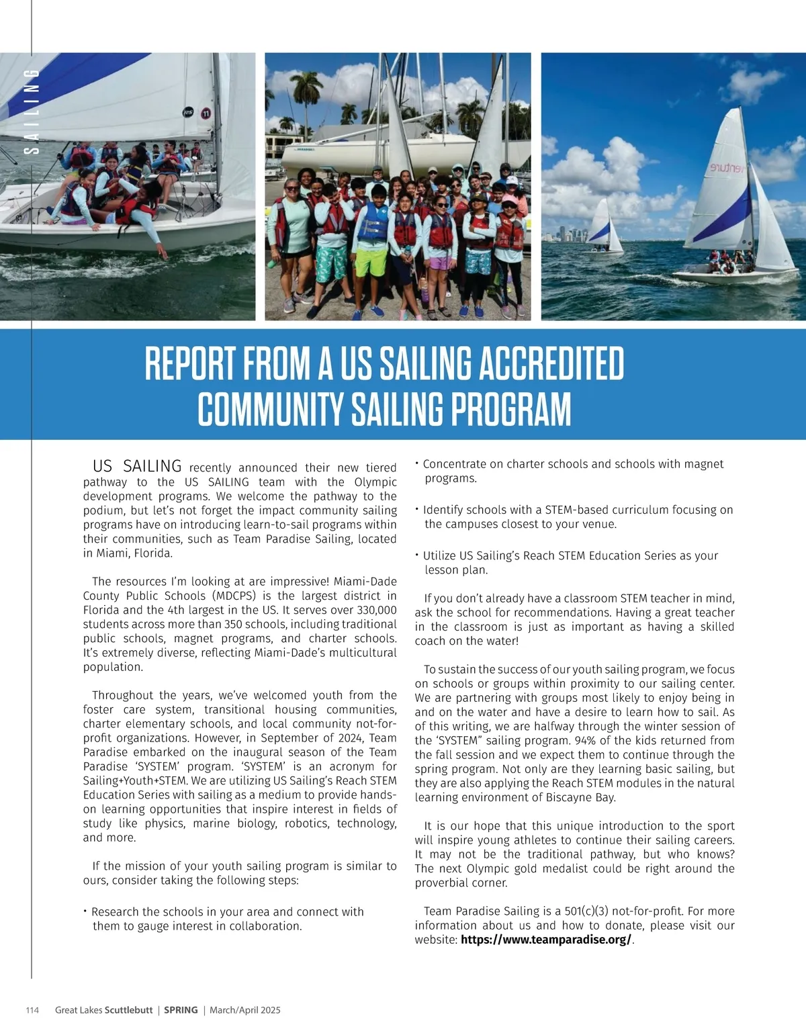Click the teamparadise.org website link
point(545,940)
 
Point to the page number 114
point(32,1010)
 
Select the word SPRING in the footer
point(181,1010)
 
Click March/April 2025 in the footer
point(245,1010)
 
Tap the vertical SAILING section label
point(32,111)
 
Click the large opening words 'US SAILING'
point(137,466)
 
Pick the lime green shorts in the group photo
point(370,261)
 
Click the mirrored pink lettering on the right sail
point(726,168)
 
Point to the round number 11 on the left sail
point(206,113)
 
